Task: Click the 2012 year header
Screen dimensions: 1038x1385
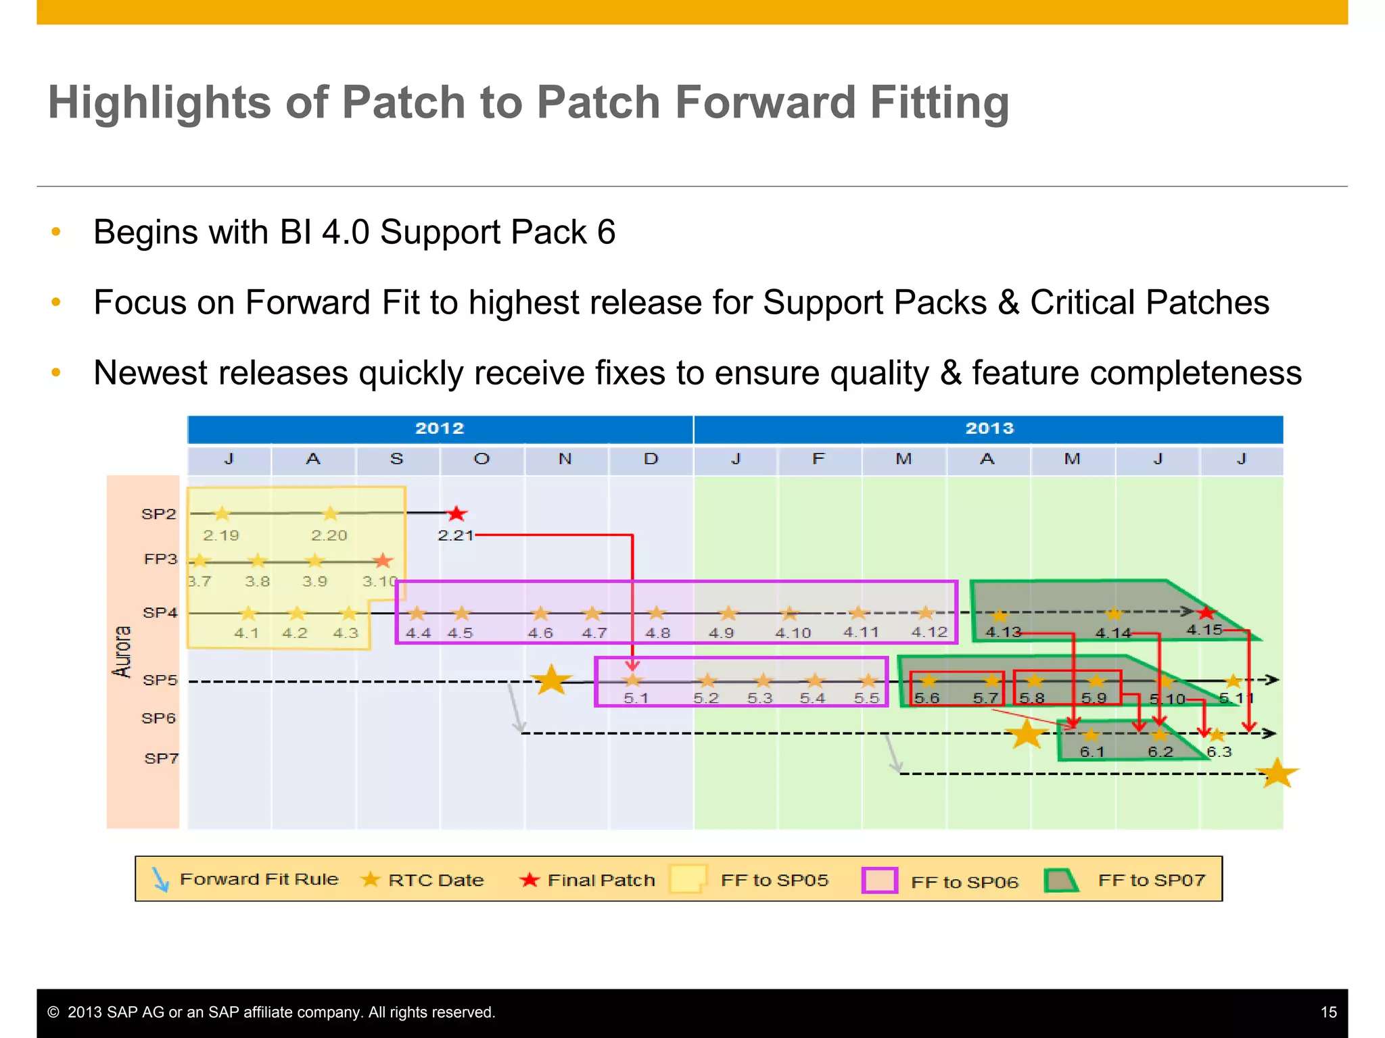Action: tap(440, 428)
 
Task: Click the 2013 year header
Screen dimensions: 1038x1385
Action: tap(989, 428)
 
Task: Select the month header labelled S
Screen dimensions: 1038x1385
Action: tap(397, 460)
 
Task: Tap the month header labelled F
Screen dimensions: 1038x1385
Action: tap(818, 460)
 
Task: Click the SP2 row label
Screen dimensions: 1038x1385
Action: tap(159, 514)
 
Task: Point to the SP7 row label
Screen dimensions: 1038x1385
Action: tap(161, 758)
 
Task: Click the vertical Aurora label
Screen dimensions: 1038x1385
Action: tap(122, 651)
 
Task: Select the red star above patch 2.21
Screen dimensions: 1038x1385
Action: tap(456, 514)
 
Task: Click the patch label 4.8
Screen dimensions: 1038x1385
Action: tap(657, 633)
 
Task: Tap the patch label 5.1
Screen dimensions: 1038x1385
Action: tap(636, 698)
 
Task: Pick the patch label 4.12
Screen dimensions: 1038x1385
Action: tap(929, 633)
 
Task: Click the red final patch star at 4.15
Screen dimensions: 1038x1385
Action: tap(1206, 613)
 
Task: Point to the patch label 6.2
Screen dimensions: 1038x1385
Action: tap(1160, 752)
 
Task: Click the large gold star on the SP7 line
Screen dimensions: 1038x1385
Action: tap(1277, 773)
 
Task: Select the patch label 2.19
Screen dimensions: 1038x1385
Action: tap(221, 536)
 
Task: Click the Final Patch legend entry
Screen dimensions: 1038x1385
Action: tap(588, 880)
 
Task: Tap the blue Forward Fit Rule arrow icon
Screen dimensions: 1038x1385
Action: tap(160, 879)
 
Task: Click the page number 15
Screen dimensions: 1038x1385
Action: tap(1328, 1012)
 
